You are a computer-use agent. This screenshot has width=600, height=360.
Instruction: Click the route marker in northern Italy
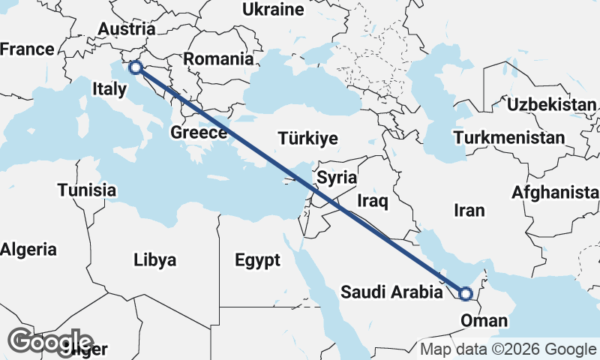[x=135, y=67]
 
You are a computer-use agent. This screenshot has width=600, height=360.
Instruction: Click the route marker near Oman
[x=465, y=294]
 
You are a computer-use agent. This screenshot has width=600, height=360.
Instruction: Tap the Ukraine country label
[x=273, y=10]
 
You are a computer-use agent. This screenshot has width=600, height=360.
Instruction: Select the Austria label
[x=127, y=29]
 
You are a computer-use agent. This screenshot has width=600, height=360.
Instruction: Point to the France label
[x=27, y=49]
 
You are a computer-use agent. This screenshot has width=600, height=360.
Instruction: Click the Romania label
[x=218, y=58]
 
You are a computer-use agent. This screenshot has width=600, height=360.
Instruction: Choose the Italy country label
[x=109, y=88]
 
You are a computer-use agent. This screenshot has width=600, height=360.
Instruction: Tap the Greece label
[x=199, y=133]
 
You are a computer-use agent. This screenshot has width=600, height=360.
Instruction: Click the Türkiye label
[x=307, y=139]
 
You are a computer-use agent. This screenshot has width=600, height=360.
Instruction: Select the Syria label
[x=337, y=178]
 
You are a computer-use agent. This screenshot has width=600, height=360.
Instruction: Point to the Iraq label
[x=373, y=201]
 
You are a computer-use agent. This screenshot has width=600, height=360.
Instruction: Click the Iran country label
[x=469, y=211]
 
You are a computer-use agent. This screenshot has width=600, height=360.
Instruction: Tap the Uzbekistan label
[x=551, y=104]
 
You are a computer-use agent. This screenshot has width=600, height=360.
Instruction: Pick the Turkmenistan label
[x=509, y=138]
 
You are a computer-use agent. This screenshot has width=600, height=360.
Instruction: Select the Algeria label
[x=28, y=249]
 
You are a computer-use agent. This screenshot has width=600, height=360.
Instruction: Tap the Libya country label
[x=155, y=260]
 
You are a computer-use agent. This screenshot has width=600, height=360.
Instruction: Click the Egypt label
[x=257, y=260]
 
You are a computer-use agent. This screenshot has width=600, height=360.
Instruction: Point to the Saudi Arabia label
[x=391, y=292]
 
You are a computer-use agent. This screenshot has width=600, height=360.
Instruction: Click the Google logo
[x=51, y=342]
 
